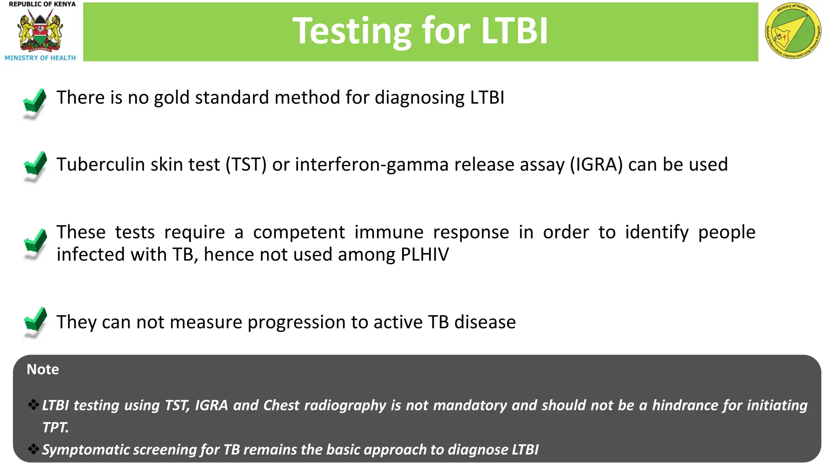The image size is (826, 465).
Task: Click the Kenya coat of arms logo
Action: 40,31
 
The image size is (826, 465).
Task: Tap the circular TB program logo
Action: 793,31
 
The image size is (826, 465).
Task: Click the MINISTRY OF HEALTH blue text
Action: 40,58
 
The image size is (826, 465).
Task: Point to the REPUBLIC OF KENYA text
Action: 42,4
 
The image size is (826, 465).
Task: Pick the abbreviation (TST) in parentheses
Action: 246,165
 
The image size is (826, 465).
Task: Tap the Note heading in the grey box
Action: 43,369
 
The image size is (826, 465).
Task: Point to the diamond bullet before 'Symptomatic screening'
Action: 33,448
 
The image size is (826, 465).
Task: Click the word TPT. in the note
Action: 55,427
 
